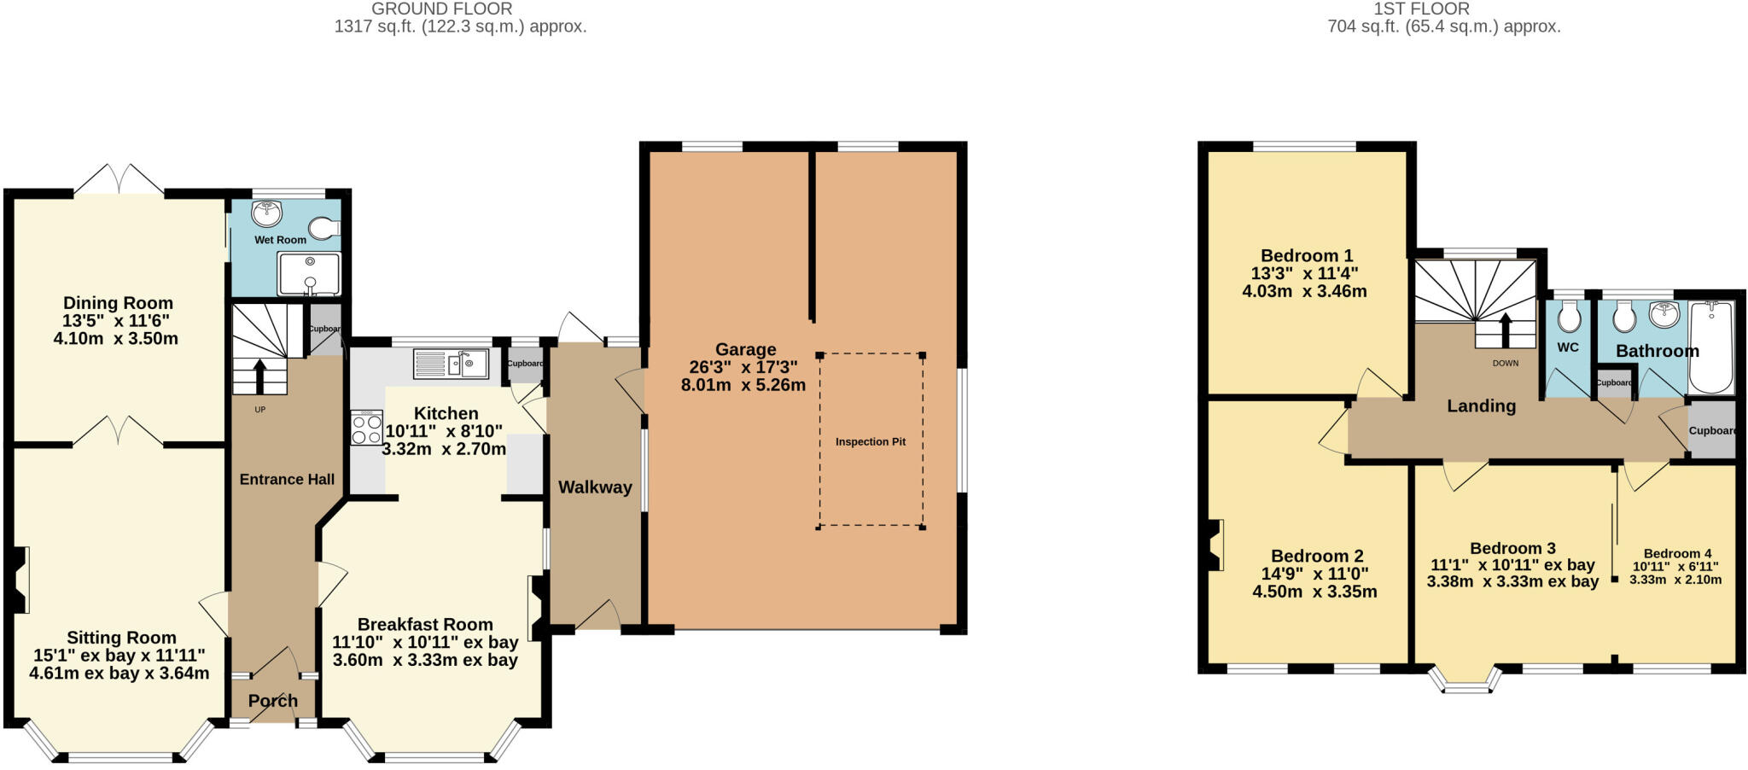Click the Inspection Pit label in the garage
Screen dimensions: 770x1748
(x=870, y=441)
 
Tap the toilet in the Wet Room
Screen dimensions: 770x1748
(x=323, y=228)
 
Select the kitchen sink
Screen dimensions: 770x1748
(x=451, y=364)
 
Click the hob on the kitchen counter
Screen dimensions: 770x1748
(x=367, y=428)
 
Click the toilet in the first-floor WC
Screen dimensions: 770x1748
(x=1569, y=318)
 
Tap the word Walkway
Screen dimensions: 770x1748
(x=595, y=487)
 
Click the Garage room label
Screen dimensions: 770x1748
(x=745, y=349)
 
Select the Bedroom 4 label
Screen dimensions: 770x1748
(x=1677, y=553)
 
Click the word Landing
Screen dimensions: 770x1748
(x=1481, y=406)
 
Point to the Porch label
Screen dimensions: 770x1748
(x=273, y=701)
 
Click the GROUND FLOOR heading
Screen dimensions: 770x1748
(x=442, y=9)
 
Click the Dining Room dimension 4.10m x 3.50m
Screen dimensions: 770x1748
(x=116, y=339)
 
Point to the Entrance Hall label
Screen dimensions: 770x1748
(x=287, y=480)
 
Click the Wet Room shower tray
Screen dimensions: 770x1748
(x=309, y=274)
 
